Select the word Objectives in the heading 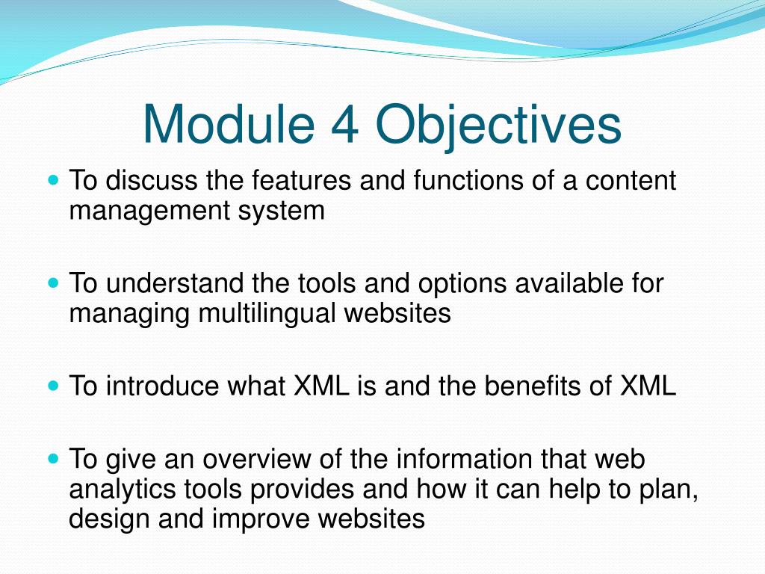(498, 127)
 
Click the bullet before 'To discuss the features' (54, 180)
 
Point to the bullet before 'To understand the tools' (54, 283)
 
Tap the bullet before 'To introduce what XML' (54, 386)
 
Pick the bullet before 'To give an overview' (54, 459)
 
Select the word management (149, 212)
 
